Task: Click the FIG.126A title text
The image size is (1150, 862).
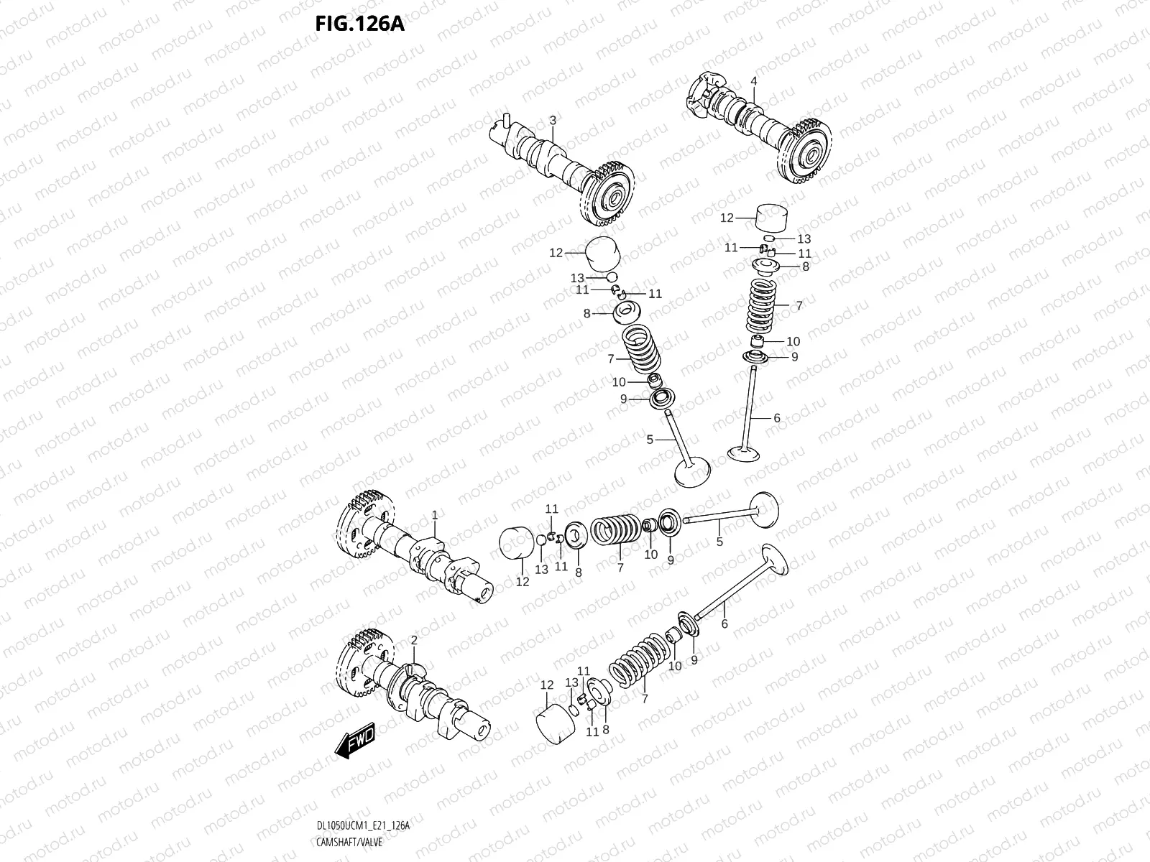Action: pos(359,24)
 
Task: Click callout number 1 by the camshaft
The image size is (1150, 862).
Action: pos(435,515)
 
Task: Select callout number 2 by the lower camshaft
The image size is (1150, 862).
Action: pos(414,639)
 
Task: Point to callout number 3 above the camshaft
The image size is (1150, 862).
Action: pos(553,121)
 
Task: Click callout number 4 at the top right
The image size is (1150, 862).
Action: pos(754,81)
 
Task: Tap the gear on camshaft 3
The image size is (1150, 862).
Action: pos(608,193)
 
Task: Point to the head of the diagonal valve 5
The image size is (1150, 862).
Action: pos(692,472)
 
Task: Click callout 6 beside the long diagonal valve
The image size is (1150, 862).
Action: pos(724,624)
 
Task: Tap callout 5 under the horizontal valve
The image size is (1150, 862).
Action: pos(719,542)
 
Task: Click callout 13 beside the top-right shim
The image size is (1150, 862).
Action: pos(804,238)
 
